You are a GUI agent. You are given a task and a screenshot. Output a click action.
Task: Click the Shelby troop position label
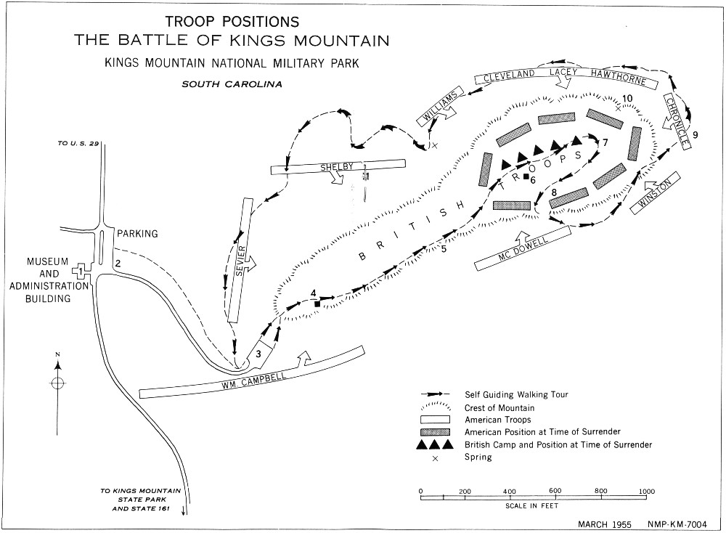(x=337, y=167)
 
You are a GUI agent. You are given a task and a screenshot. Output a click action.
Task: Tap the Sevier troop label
(x=240, y=261)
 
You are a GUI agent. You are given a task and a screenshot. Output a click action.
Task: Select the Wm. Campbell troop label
(x=253, y=381)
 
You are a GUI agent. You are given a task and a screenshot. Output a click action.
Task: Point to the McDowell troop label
(x=523, y=250)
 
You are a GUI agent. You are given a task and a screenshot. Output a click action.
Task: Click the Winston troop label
(x=655, y=194)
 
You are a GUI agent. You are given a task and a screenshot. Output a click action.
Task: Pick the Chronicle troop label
(x=677, y=122)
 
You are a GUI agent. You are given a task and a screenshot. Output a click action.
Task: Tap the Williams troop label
(x=440, y=106)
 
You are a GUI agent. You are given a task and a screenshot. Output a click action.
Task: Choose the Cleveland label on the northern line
(x=509, y=76)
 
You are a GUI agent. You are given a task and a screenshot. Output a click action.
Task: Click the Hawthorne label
(x=618, y=76)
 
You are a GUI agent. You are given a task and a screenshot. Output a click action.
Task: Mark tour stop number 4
(x=314, y=293)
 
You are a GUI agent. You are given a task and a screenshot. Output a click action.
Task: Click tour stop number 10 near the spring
(x=627, y=98)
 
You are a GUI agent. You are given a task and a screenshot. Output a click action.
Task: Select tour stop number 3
(x=258, y=354)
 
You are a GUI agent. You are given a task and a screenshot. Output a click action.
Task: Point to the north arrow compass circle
(x=57, y=383)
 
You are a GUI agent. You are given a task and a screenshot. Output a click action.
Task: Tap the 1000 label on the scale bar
(x=646, y=492)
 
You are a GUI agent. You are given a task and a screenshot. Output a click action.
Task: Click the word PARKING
(x=137, y=234)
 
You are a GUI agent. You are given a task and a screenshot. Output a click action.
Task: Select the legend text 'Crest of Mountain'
(x=499, y=408)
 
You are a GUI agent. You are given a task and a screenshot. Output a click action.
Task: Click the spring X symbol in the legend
(x=435, y=458)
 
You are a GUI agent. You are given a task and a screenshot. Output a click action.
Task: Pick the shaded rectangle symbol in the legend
(x=435, y=432)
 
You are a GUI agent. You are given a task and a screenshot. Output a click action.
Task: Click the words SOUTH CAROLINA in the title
(x=232, y=84)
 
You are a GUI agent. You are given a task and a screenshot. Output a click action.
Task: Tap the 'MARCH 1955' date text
(x=604, y=524)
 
